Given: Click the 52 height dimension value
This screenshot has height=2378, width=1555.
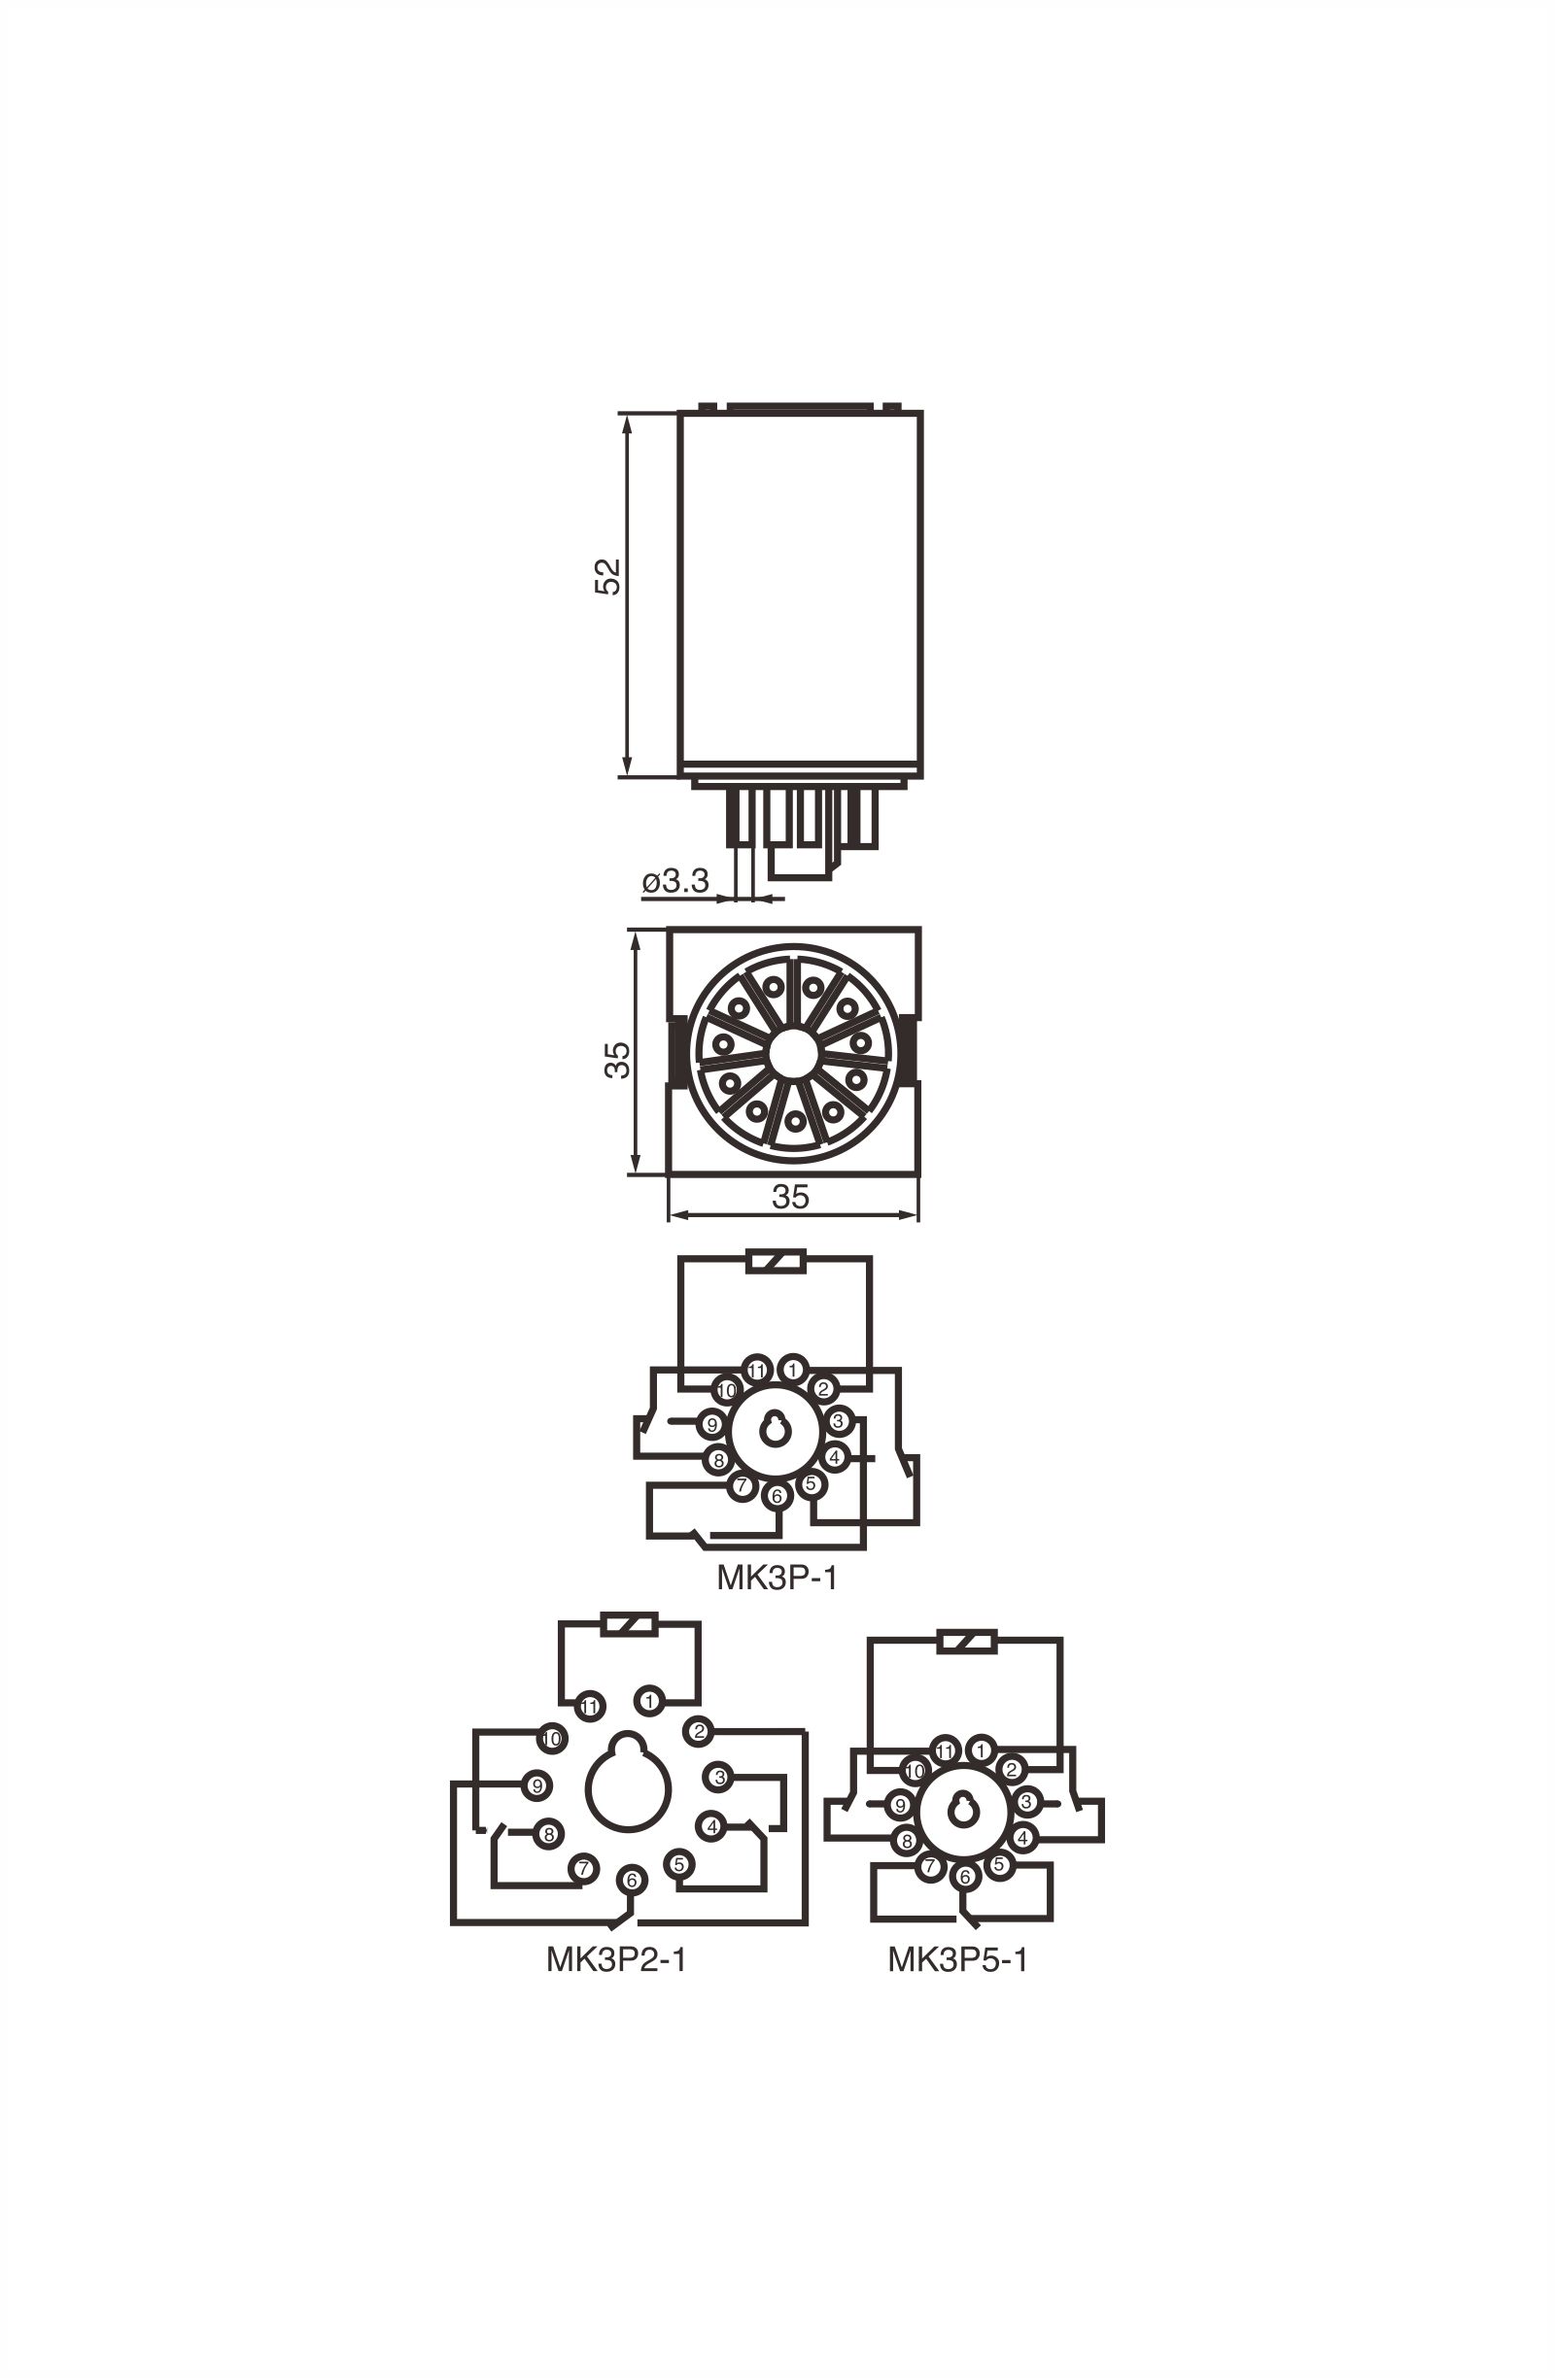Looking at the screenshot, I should coord(606,576).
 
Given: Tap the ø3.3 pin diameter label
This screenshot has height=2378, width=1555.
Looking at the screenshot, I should coord(675,880).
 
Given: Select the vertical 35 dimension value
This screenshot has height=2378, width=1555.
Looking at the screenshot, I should coord(617,1059).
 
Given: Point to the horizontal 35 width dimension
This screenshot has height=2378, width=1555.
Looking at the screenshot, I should coord(789,1196).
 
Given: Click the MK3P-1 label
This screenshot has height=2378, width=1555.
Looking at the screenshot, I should coord(777,1577).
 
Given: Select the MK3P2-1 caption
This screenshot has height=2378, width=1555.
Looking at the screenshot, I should coord(615,1959).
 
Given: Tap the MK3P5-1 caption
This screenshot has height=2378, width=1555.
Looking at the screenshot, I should coord(956,1959).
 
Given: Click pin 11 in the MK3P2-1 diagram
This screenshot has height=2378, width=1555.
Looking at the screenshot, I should coord(590,1706).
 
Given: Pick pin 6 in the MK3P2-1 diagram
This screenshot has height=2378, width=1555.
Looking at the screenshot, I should coord(632,1880).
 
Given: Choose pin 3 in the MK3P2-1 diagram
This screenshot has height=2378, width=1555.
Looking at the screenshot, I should coord(718,1777).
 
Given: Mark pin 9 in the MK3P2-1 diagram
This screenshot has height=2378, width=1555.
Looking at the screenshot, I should coord(536,1784).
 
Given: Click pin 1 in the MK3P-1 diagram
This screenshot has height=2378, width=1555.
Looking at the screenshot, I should coord(793,1369).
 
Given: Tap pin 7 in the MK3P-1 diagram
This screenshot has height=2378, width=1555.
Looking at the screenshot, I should coord(742,1485).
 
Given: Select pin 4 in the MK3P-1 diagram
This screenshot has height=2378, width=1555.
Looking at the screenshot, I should coord(836,1456).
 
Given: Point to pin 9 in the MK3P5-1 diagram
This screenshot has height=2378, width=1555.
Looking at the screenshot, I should coord(900,1806).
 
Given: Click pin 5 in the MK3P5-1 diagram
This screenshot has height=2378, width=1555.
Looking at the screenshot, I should coord(997,1864).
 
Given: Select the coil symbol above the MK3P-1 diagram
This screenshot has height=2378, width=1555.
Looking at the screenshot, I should coord(777,1263).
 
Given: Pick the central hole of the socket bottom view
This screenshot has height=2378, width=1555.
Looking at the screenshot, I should coord(793,1053).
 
